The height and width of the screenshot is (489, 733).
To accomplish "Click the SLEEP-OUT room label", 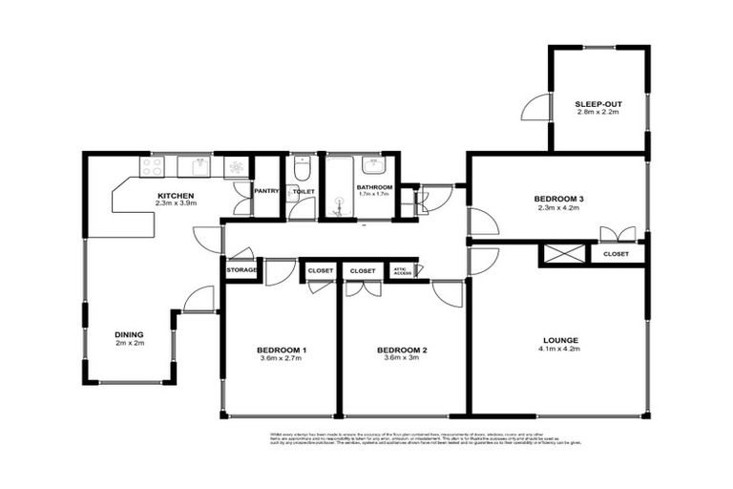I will (598, 103).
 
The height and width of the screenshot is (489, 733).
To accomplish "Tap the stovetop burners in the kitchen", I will (153, 166).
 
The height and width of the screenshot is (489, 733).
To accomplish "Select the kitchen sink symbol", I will (199, 167).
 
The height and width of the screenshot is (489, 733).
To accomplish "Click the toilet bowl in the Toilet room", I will (302, 170).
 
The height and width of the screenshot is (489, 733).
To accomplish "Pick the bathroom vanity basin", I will (373, 164).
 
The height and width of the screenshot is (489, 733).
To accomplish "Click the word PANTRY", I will (266, 191).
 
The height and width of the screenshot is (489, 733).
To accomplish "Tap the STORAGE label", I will (242, 270).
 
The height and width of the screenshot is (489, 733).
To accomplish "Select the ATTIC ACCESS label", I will (403, 270).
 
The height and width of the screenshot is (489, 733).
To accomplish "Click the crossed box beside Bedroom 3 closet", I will (553, 255).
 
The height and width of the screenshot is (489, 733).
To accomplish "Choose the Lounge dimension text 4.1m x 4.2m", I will (560, 349).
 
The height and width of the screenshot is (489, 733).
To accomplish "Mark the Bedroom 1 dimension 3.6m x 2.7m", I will (282, 360).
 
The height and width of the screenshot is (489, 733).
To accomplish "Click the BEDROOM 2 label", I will (402, 351).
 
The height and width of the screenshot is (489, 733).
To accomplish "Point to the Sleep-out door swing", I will (536, 108).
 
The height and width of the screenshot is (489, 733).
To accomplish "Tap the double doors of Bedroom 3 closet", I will (617, 233).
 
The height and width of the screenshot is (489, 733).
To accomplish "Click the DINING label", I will (130, 334).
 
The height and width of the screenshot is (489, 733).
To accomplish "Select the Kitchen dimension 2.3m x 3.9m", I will (176, 203).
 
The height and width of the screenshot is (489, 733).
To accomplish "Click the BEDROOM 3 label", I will (559, 199).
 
